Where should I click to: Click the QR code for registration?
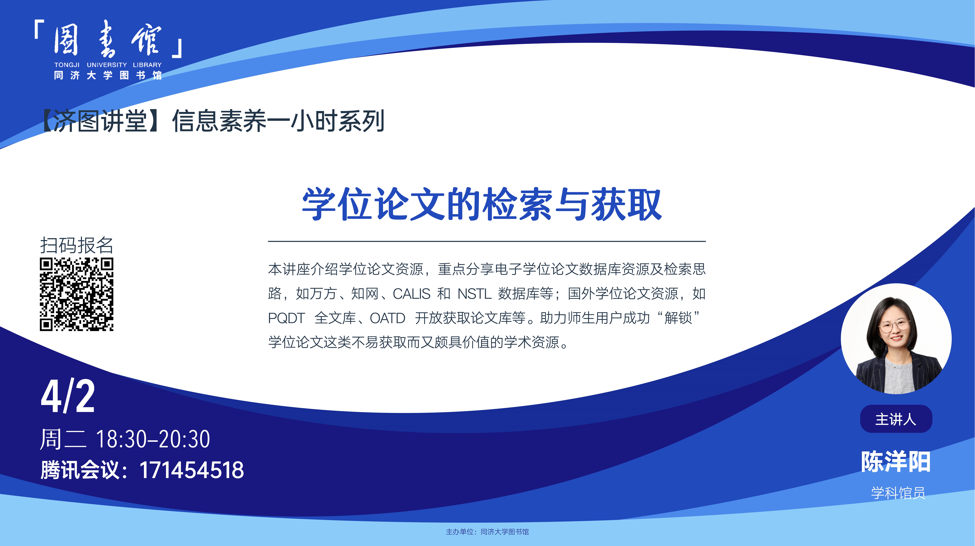coord(76,294)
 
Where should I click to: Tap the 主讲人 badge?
coord(896,419)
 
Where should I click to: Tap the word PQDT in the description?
coord(286,318)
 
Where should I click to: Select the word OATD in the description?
coord(388,318)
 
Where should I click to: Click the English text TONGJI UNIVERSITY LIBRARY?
coord(108,65)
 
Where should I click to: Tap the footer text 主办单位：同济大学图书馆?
coord(487,532)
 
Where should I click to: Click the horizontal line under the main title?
coord(487,241)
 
